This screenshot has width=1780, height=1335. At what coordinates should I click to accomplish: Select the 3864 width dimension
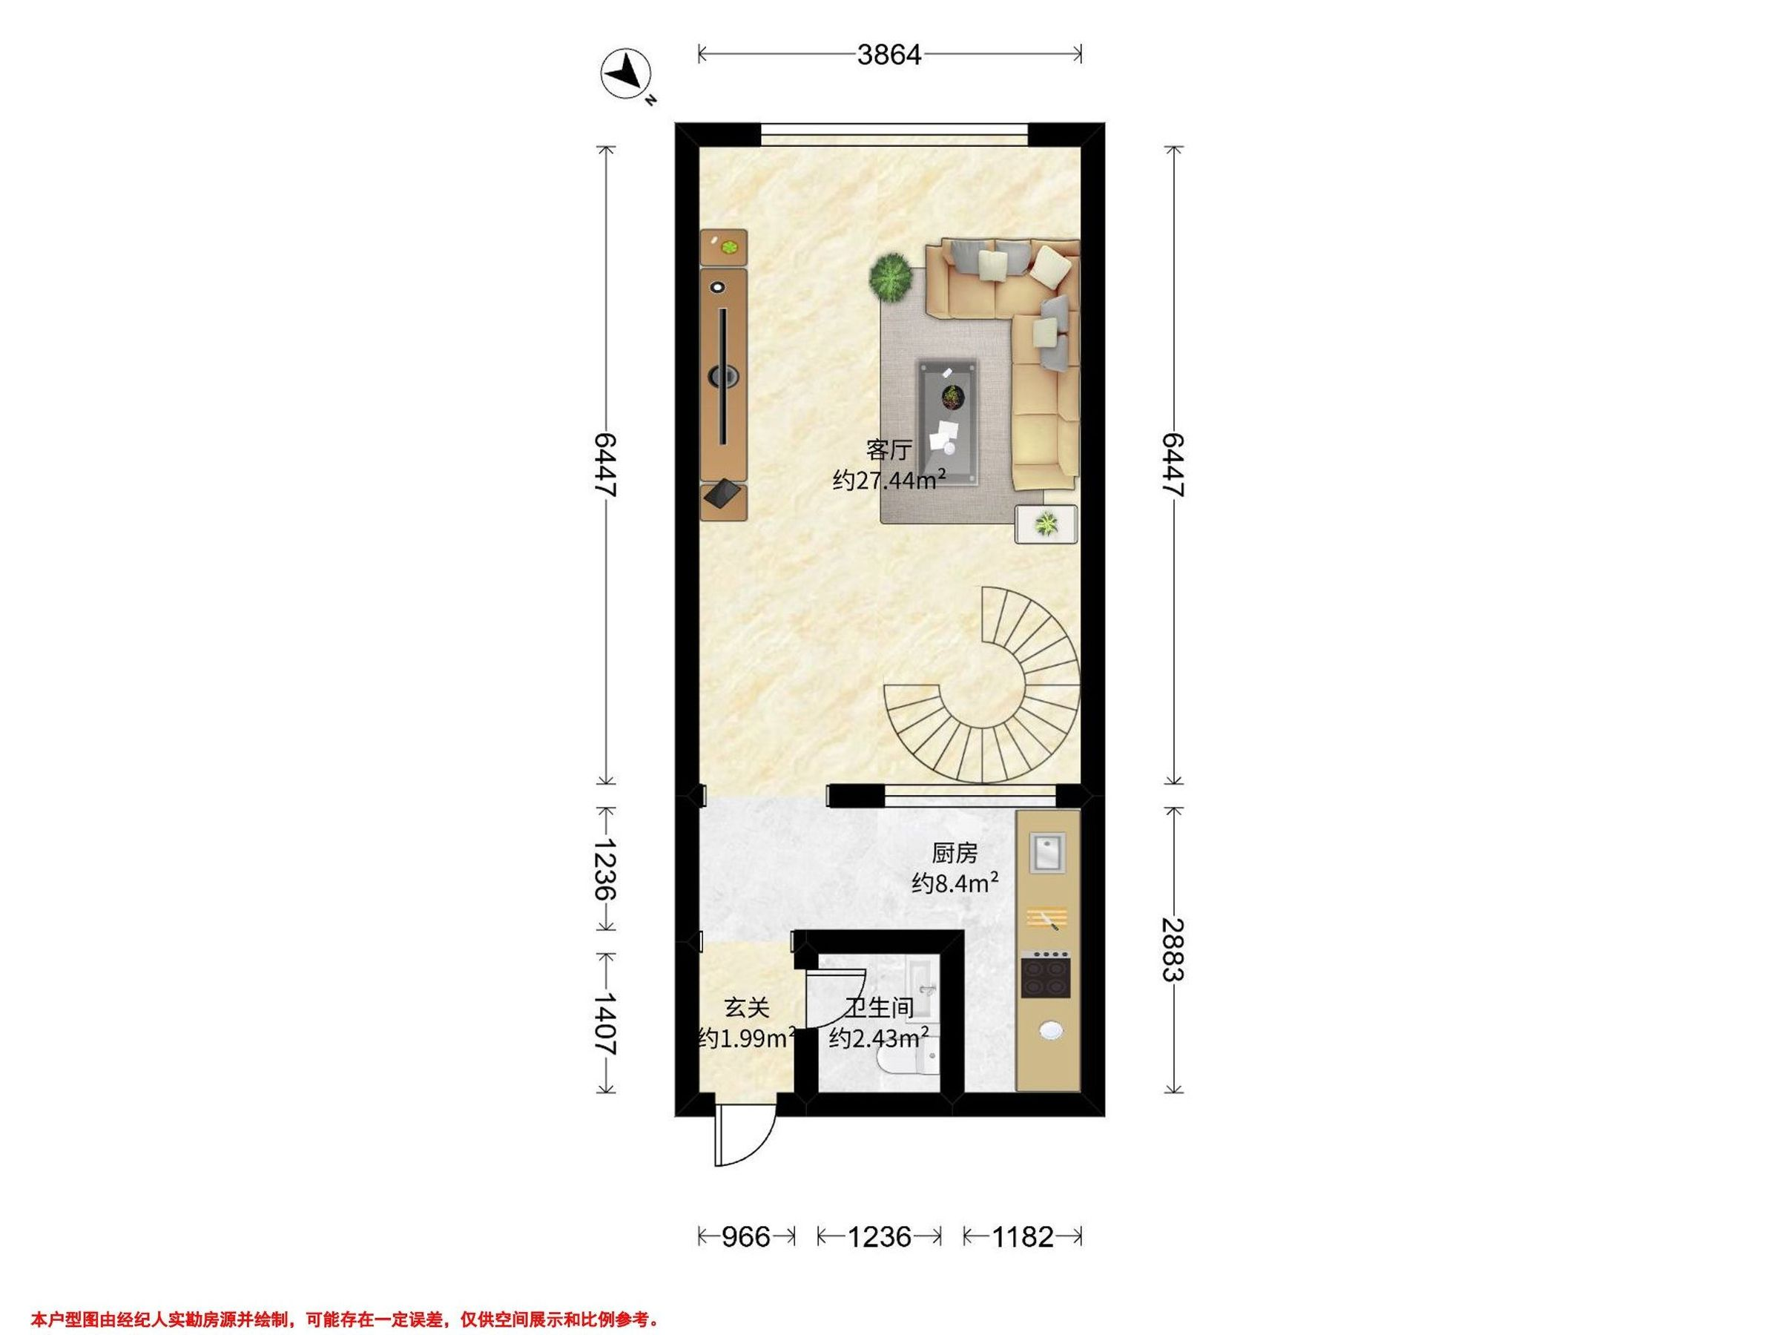click(889, 55)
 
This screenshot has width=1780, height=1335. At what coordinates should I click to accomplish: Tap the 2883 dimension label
click(1174, 949)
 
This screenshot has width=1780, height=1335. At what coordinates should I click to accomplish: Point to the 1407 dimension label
click(605, 1023)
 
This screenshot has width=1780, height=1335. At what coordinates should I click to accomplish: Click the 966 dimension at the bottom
click(746, 1236)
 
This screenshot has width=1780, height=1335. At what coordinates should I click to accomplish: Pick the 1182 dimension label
click(1022, 1236)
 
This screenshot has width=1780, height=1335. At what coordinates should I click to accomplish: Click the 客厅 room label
click(889, 449)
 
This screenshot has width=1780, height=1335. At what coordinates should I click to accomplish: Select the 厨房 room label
click(955, 852)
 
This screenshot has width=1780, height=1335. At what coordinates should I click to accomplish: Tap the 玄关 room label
click(747, 1007)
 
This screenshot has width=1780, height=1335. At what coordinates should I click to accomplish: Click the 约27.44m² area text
click(889, 481)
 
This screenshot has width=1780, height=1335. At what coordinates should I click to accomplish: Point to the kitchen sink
click(1047, 852)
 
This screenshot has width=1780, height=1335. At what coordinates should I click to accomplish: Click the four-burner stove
click(1046, 976)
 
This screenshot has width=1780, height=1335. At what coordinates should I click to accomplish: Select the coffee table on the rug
click(949, 423)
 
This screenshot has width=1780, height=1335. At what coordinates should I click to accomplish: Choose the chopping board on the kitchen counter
click(1047, 918)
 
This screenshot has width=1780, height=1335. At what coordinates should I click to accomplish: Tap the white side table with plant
click(1046, 524)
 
